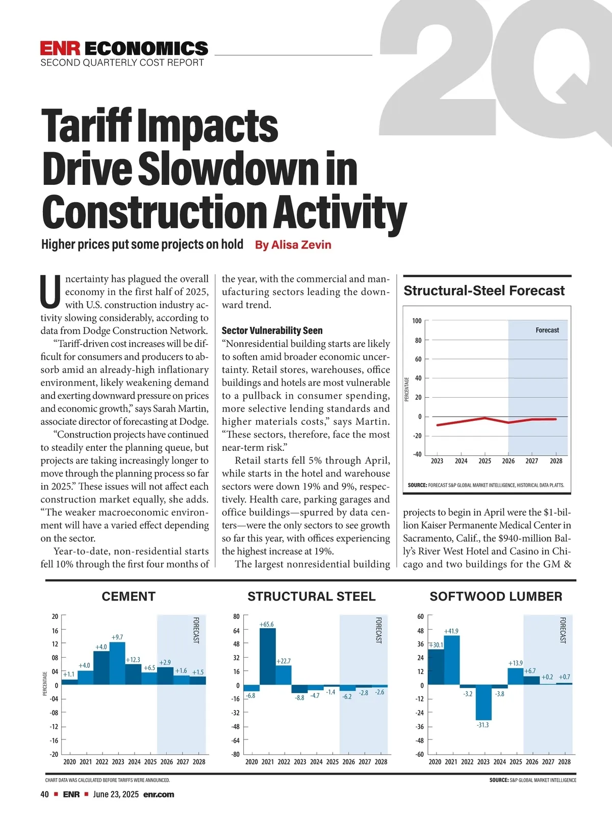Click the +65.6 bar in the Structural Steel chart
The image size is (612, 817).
pyautogui.click(x=268, y=656)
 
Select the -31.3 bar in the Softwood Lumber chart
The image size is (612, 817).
pyautogui.click(x=483, y=702)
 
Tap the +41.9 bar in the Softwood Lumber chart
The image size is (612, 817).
pyautogui.click(x=452, y=660)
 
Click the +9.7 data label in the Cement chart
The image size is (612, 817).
pyautogui.click(x=117, y=637)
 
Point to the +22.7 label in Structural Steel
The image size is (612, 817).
pyautogui.click(x=284, y=661)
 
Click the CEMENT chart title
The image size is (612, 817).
pyautogui.click(x=129, y=596)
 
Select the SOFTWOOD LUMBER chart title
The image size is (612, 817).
pyautogui.click(x=496, y=596)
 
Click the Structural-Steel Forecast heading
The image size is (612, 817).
pyautogui.click(x=484, y=291)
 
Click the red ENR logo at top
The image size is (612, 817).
pyautogui.click(x=60, y=49)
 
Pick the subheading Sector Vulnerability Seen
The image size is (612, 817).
pyautogui.click(x=272, y=330)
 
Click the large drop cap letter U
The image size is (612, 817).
pyautogui.click(x=51, y=293)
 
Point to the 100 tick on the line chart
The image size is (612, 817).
pyautogui.click(x=417, y=321)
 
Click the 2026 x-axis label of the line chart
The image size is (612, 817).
pyautogui.click(x=508, y=461)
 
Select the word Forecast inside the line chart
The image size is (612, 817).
pyautogui.click(x=547, y=330)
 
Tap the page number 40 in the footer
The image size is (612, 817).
pyautogui.click(x=45, y=795)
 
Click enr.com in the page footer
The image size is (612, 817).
pyautogui.click(x=159, y=795)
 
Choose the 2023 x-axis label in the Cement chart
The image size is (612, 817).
pyautogui.click(x=118, y=762)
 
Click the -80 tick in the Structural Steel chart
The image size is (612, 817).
pyautogui.click(x=236, y=754)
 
